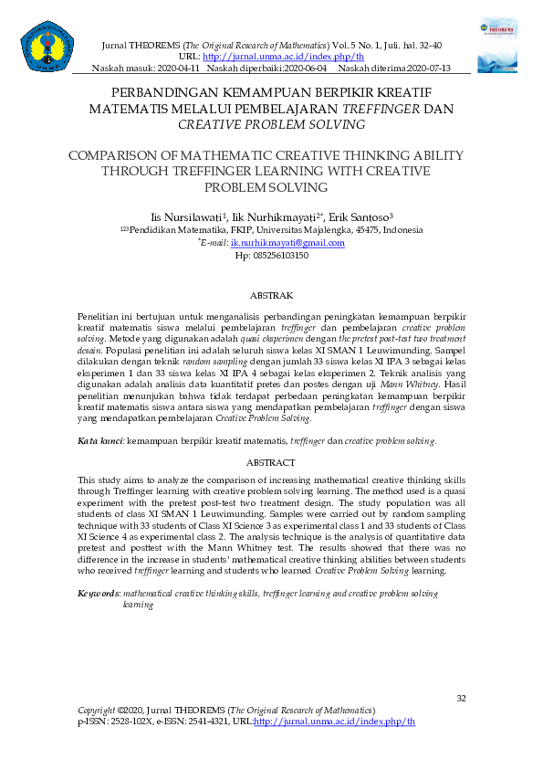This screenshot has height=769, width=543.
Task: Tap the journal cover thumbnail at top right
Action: click(496, 43)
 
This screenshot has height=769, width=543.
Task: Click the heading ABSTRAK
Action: click(271, 296)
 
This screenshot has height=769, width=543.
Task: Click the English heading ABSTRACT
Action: click(271, 463)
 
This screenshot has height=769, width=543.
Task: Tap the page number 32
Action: click(461, 699)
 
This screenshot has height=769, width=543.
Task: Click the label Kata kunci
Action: click(99, 440)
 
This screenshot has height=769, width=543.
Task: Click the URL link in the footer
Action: click(334, 721)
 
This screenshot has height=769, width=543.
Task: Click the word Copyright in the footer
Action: click(97, 710)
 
